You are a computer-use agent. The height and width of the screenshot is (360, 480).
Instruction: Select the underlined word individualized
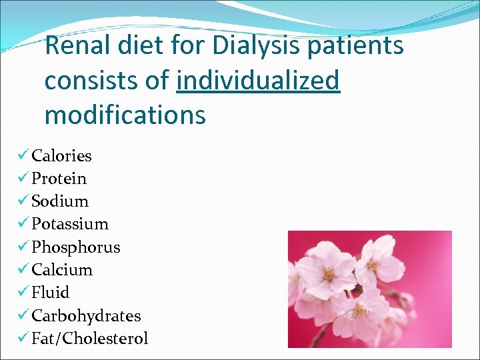[x=259, y=81]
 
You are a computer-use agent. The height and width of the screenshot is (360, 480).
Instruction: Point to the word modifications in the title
[x=125, y=115]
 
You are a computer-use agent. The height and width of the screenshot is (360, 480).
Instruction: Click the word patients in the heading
[x=354, y=47]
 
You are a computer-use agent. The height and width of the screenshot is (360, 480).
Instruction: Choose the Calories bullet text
[x=62, y=156]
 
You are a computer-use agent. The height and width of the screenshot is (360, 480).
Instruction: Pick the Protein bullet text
[x=59, y=179]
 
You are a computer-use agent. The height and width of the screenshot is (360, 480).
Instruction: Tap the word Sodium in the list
[x=60, y=201]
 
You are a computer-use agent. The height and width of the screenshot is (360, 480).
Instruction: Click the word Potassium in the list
[x=70, y=224]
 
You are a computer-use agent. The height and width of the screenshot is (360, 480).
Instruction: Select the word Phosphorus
[x=76, y=247]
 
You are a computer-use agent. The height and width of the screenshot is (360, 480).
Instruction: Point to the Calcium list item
[x=62, y=270]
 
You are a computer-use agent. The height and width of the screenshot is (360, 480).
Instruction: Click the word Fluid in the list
[x=51, y=293]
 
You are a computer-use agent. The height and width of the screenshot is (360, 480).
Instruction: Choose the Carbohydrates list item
[x=86, y=315]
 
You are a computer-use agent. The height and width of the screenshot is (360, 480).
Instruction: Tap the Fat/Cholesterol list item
[x=90, y=338]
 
